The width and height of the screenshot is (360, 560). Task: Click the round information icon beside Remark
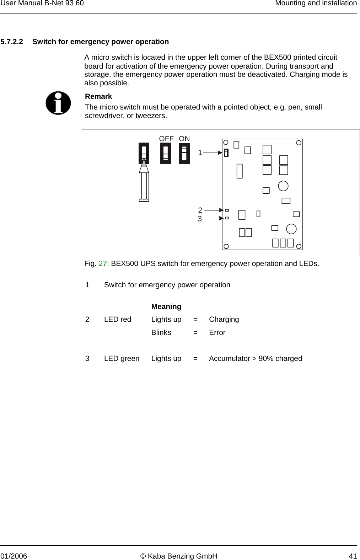[58, 103]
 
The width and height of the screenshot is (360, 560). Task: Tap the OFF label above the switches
[166, 139]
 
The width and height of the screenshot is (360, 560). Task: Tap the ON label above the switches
[184, 139]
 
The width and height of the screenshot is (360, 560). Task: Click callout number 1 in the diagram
[200, 153]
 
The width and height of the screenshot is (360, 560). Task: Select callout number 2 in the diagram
[200, 210]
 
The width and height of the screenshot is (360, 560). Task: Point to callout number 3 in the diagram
[200, 219]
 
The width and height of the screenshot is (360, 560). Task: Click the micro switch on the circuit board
[226, 153]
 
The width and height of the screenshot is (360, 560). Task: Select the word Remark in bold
[98, 96]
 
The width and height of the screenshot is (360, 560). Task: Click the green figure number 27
[102, 264]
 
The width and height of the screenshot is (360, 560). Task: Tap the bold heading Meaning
[166, 306]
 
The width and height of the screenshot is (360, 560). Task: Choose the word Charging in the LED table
[224, 319]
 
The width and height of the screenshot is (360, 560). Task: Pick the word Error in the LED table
[217, 332]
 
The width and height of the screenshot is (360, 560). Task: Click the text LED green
[122, 358]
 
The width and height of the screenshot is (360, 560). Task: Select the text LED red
[118, 319]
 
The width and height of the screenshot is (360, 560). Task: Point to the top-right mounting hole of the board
[299, 143]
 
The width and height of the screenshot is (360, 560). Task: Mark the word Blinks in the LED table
[161, 332]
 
